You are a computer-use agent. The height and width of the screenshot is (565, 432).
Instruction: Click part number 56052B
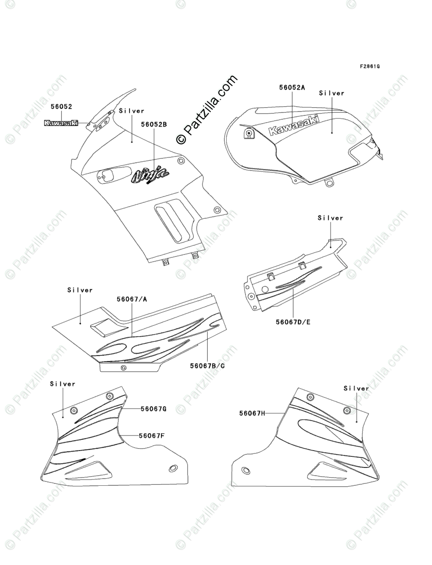click(154, 125)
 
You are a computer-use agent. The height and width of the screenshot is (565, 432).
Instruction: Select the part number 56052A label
click(292, 88)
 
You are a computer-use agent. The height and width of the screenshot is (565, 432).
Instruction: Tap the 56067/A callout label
click(131, 299)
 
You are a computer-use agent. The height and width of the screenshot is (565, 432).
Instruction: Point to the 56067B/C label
click(207, 366)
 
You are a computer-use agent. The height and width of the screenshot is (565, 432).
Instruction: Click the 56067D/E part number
click(293, 322)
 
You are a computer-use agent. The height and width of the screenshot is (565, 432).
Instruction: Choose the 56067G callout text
click(154, 409)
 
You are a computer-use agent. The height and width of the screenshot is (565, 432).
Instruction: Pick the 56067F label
click(152, 436)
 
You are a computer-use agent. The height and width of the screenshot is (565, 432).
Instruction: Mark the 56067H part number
click(252, 413)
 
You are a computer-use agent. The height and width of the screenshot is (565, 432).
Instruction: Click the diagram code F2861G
click(369, 66)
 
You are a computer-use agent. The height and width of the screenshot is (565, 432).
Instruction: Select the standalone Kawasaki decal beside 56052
click(61, 123)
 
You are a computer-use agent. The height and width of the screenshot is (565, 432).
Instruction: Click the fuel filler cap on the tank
click(248, 134)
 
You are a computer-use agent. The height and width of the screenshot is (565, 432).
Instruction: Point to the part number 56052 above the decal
click(61, 106)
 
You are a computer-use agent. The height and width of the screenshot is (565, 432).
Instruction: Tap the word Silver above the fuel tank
click(331, 93)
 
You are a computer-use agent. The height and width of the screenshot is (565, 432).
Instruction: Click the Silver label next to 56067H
click(356, 388)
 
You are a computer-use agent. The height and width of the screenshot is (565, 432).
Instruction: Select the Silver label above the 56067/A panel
click(80, 290)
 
